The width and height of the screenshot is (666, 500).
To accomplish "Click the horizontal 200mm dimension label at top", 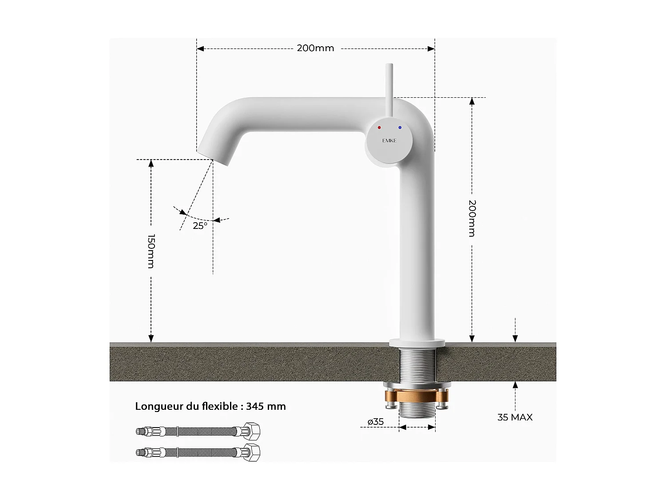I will [x=315, y=48].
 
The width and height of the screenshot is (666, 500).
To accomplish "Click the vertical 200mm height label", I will [x=472, y=218].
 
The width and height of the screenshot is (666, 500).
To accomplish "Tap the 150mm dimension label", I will [x=151, y=251].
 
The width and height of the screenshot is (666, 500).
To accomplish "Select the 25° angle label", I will [x=200, y=226].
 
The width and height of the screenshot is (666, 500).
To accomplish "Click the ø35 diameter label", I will [x=376, y=422].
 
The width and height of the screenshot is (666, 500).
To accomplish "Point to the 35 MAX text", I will [x=515, y=417].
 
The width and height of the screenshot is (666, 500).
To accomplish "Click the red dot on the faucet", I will [x=379, y=128].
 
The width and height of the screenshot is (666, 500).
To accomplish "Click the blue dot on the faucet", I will [x=400, y=128].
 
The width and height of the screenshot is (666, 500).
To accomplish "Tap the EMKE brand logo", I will [x=389, y=140].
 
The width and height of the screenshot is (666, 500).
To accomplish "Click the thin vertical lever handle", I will [x=389, y=89].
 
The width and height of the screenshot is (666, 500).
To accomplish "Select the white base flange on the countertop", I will [x=417, y=343].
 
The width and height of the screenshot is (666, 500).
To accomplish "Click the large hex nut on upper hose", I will [x=253, y=431].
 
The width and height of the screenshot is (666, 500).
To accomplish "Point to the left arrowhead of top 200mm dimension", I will [x=200, y=48].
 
